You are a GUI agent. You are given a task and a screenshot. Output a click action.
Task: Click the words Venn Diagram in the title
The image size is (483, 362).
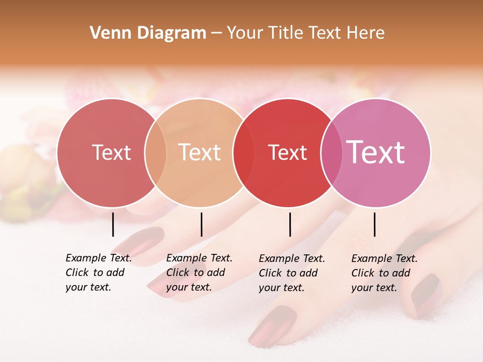pyautogui.click(x=148, y=33)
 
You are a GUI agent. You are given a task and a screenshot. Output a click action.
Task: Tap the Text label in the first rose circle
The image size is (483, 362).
pyautogui.click(x=111, y=152)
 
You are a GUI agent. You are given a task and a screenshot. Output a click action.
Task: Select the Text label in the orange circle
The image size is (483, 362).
pyautogui.click(x=200, y=152)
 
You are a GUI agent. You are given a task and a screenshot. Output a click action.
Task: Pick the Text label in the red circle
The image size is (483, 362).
pyautogui.click(x=288, y=152)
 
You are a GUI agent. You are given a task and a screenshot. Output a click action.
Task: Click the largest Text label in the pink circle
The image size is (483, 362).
pyautogui.click(x=376, y=152)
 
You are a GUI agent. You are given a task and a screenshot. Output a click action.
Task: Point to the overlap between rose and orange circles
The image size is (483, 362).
pyautogui.click(x=155, y=152)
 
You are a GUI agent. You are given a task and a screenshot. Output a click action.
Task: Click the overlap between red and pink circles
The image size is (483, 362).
pyautogui.click(x=332, y=152)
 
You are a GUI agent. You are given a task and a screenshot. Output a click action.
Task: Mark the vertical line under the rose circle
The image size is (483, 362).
pyautogui.click(x=113, y=224)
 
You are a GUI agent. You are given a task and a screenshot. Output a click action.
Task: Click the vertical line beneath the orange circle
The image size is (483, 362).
pyautogui.click(x=201, y=224)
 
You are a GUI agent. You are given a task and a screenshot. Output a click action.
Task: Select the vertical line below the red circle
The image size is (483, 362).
pyautogui.click(x=290, y=224)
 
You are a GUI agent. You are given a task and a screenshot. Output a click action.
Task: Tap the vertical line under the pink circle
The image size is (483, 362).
pyautogui.click(x=375, y=224)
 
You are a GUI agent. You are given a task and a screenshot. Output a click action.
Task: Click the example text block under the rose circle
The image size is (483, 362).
pyautogui.click(x=99, y=273)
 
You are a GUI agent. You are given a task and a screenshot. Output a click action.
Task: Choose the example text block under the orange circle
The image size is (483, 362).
pyautogui.click(x=199, y=273)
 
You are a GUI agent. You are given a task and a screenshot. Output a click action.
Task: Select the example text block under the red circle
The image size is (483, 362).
pyautogui.click(x=292, y=273)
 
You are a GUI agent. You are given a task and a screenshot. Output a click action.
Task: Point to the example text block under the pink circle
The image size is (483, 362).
pyautogui.click(x=384, y=273)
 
